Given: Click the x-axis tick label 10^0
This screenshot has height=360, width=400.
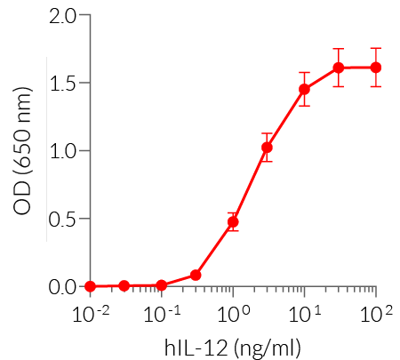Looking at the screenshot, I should [x=233, y=314].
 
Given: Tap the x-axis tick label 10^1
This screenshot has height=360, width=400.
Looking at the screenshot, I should [x=305, y=314].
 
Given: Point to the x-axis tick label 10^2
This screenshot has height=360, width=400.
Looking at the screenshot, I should [x=376, y=314].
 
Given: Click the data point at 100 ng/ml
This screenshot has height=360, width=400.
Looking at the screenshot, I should [x=376, y=68].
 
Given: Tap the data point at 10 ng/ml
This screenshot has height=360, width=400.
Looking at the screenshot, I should [x=304, y=89].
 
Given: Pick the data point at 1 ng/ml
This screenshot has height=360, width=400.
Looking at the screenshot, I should [x=233, y=222].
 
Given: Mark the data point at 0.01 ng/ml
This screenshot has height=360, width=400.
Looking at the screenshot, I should [x=90, y=286].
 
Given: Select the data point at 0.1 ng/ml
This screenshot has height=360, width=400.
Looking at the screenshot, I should [x=161, y=285].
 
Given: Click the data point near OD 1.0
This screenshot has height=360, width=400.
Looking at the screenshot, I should [x=267, y=148].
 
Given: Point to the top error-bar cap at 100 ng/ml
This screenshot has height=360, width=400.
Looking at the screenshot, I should [x=376, y=48].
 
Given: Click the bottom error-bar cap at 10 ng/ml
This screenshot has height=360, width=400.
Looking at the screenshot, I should [x=304, y=106].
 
